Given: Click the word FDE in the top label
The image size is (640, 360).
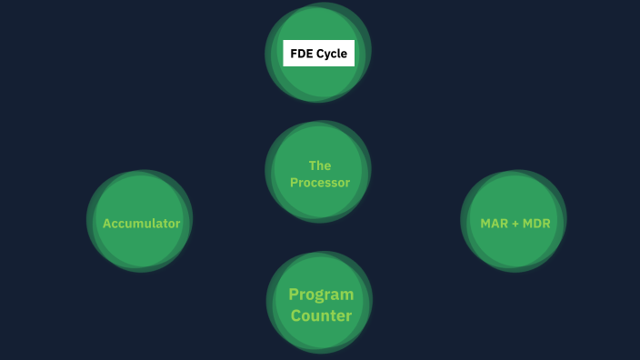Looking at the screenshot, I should tap(302, 54).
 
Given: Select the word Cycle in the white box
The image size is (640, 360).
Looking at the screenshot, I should tap(332, 54).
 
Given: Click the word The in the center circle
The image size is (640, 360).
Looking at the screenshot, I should tap(320, 165).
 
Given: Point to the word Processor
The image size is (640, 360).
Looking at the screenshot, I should tap(320, 183).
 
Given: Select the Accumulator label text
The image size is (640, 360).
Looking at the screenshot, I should tap(141, 223).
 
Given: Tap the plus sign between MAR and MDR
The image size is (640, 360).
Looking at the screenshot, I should tap(515, 223).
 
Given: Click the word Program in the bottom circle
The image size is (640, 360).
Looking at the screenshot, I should tap(321, 295).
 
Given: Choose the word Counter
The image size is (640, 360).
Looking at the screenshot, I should tap(321, 316).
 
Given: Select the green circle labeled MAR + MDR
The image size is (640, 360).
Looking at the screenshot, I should tap(514, 250).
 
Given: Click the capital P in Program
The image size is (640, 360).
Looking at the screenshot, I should tap(294, 295).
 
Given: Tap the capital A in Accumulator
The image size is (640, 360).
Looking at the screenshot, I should tap(106, 223).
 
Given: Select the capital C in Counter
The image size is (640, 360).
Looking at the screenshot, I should tap(296, 316).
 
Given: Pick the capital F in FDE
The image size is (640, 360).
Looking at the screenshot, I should tap(294, 54).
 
